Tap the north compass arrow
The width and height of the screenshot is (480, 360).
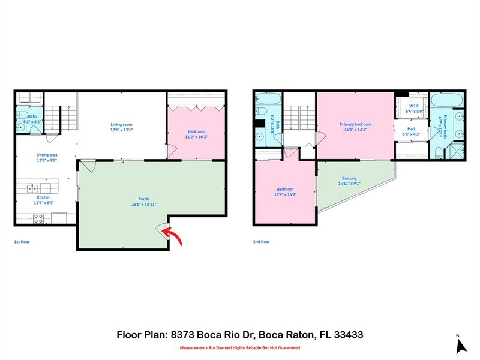coord(461,346)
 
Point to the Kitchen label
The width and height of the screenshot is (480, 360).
coord(44,197)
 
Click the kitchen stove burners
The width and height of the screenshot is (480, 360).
coord(38,218)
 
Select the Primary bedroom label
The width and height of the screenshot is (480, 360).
coord(355,124)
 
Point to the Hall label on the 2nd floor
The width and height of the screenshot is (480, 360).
coord(411,128)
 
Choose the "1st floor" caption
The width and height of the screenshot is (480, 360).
coord(22,241)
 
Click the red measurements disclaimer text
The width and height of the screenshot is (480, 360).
coord(240,347)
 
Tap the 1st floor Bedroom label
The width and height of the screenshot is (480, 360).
coord(196,131)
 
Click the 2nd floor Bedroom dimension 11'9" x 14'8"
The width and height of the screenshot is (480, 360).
coord(286,194)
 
